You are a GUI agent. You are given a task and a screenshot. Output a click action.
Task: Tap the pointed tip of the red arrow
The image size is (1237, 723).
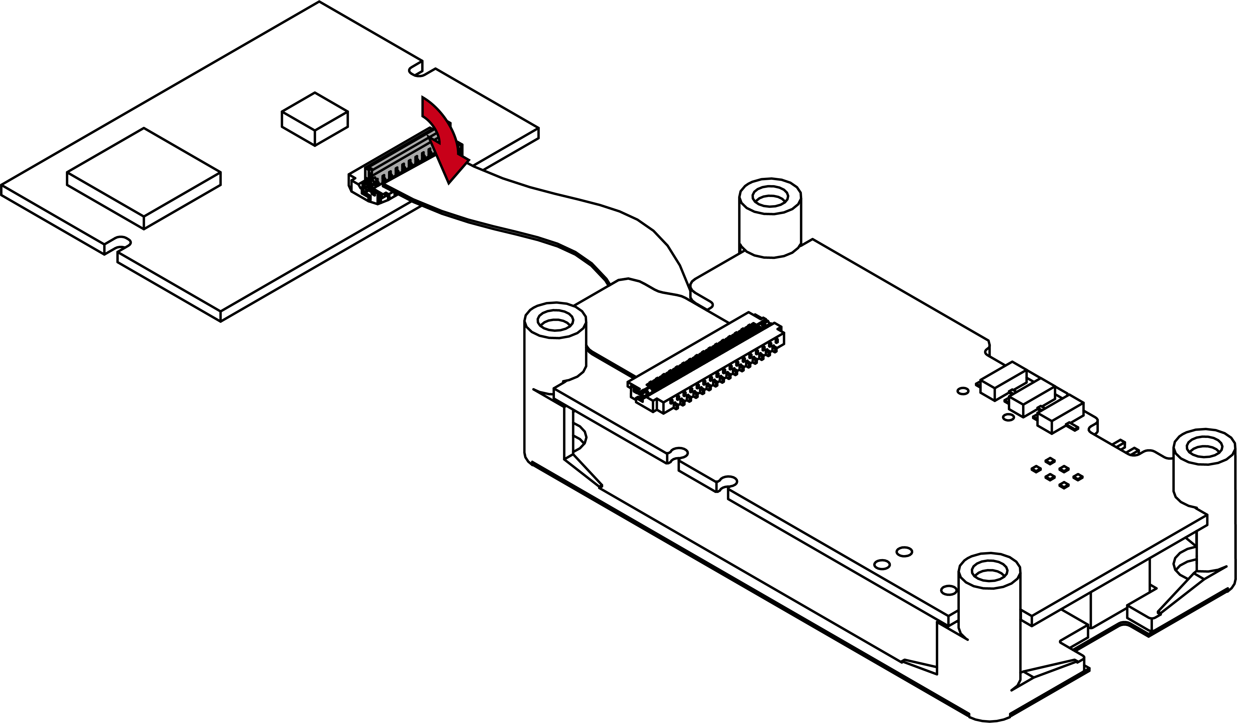pyautogui.click(x=449, y=182)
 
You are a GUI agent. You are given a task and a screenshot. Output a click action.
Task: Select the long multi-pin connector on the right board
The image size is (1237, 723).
pyautogui.click(x=707, y=363)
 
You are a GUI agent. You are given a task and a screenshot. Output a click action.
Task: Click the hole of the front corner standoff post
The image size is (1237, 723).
pyautogui.click(x=989, y=570)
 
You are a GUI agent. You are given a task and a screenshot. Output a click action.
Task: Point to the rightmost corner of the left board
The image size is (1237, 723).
pyautogui.click(x=538, y=130)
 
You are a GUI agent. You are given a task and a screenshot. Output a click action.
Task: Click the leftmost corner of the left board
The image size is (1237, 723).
pyautogui.click(x=2, y=186)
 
